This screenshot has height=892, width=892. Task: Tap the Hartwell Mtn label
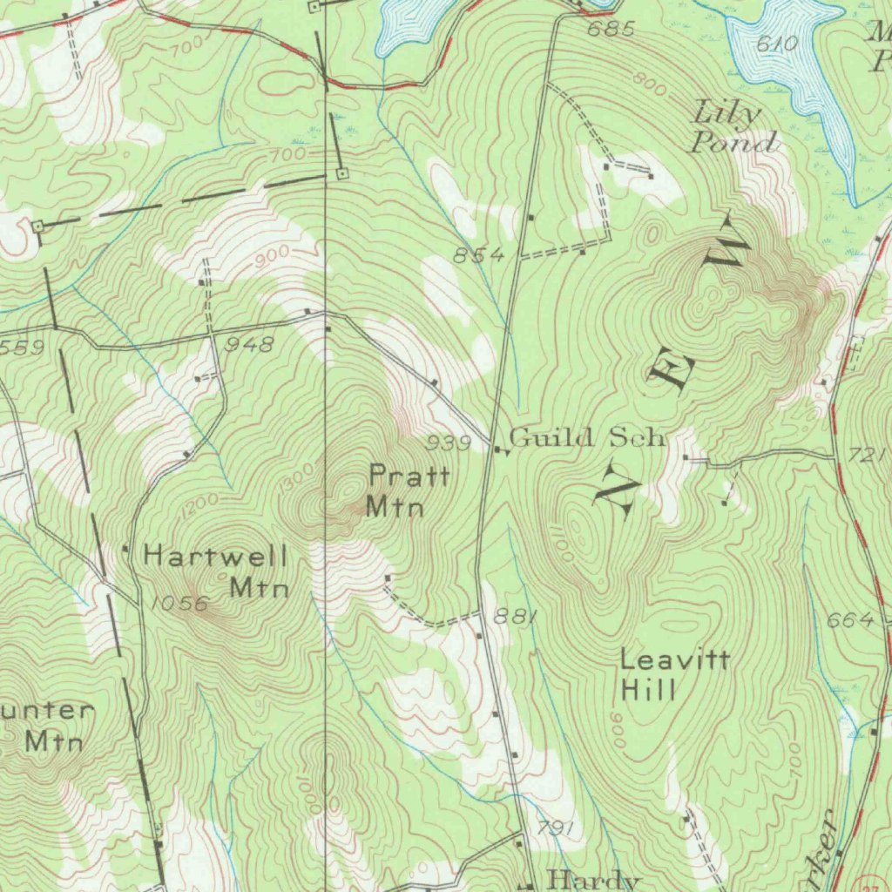216,571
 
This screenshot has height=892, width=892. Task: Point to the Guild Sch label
588,436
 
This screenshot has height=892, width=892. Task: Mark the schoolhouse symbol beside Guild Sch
498,450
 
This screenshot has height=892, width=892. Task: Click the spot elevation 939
449,443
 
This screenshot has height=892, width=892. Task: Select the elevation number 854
478,255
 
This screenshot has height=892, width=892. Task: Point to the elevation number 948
249,345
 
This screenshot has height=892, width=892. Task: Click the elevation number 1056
179,603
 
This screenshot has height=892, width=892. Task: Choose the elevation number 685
611,30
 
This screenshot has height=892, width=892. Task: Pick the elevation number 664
850,619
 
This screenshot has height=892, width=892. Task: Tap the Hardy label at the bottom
595,879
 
